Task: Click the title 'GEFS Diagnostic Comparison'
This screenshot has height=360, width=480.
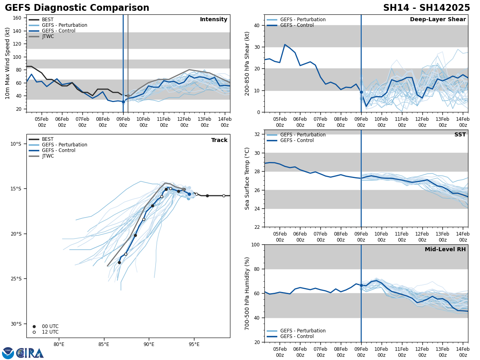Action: click(x=77, y=8)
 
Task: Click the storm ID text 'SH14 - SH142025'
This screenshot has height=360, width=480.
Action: click(x=426, y=8)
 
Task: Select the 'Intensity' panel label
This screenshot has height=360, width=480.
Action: click(x=213, y=20)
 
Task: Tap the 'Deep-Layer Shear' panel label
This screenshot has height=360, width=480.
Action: click(x=438, y=20)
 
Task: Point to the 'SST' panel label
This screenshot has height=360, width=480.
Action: click(x=460, y=135)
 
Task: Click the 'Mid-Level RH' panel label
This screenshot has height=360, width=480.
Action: click(x=445, y=250)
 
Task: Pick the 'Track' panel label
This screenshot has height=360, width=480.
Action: click(x=219, y=140)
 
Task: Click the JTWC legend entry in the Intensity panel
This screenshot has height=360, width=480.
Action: click(x=48, y=36)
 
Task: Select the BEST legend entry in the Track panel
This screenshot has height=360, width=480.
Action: click(x=48, y=139)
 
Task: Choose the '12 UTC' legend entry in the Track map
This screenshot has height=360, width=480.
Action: click(x=50, y=332)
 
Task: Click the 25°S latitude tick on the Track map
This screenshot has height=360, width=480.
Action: click(x=16, y=279)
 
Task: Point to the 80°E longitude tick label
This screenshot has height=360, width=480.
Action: click(x=59, y=345)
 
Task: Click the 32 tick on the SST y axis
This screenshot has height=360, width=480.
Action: click(x=258, y=134)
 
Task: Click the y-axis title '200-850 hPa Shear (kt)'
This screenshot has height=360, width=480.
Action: click(x=247, y=63)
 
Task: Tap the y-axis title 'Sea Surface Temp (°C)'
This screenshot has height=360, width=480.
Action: click(x=247, y=178)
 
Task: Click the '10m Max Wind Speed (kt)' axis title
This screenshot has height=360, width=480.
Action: click(x=8, y=63)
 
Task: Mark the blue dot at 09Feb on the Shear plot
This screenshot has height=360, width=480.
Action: click(x=361, y=92)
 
